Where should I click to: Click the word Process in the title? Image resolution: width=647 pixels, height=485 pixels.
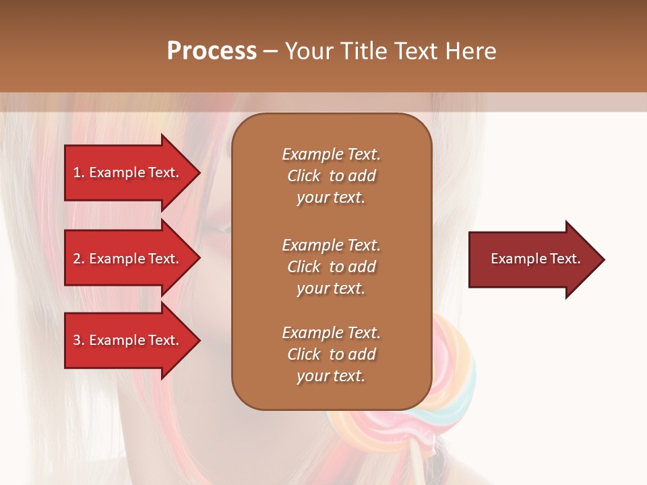pos(212,51)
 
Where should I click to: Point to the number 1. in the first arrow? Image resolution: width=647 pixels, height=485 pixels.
pos(79,172)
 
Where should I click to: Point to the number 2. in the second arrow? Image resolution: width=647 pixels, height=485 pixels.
pos(79,259)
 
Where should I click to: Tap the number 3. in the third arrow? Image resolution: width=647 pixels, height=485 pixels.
pos(79,340)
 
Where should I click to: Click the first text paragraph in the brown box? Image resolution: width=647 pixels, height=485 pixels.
pos(331,176)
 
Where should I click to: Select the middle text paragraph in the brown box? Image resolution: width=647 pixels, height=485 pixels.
pos(331,267)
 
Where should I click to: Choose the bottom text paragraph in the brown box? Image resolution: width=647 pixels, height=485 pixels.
pos(331,354)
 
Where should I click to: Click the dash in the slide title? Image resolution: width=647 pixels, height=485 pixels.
pos(270,51)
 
